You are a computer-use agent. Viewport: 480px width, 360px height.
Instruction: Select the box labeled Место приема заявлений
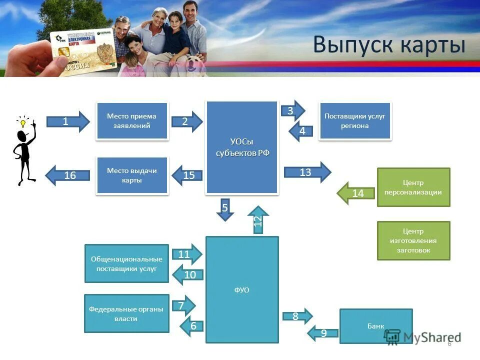coord(131,120)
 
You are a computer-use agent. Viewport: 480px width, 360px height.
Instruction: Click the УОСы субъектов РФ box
coord(242,147)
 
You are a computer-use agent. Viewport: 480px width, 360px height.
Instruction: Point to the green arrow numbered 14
coord(355,193)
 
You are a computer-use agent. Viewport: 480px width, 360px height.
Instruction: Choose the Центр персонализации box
coord(413,187)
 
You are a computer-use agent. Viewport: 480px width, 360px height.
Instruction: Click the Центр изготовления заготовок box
coord(413,240)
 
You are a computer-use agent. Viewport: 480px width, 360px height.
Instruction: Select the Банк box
coord(376,326)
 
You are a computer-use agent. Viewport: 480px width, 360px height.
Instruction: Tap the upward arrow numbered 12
coord(258,220)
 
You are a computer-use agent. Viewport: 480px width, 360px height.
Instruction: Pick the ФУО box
coord(242,289)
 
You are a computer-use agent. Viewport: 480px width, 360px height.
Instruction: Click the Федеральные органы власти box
coord(126,313)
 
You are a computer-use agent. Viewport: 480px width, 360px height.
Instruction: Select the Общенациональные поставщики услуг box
coord(126,263)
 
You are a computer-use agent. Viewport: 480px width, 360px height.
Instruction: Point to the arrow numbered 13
coord(307,172)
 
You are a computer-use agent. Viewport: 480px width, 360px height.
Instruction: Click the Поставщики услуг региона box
coord(354,120)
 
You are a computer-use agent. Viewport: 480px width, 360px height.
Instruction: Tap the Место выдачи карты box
coord(131,175)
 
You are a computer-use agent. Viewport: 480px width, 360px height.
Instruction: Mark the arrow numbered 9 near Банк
coord(322,332)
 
